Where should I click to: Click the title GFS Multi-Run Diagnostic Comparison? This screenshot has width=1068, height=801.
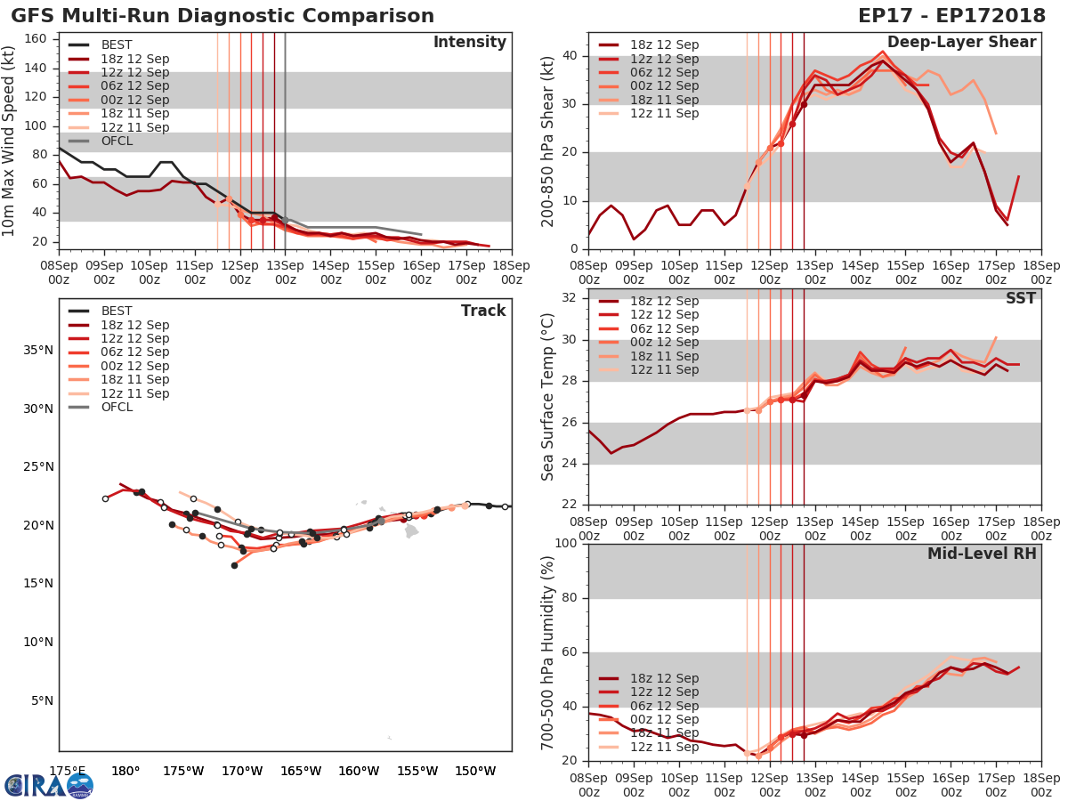(222, 16)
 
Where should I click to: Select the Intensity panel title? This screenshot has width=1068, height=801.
(469, 43)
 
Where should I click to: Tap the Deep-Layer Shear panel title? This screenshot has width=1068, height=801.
(961, 43)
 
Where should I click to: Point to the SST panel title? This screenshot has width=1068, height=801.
(1020, 298)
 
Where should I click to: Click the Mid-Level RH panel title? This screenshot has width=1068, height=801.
(982, 554)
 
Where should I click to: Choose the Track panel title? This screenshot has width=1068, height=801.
(483, 311)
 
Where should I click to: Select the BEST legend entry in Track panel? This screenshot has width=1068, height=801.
(116, 311)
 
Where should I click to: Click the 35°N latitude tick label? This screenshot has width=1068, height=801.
(37, 350)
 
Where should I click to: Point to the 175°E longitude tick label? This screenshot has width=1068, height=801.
(67, 771)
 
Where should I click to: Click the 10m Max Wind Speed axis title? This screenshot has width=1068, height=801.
(10, 142)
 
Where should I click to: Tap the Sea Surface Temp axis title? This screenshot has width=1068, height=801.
(548, 396)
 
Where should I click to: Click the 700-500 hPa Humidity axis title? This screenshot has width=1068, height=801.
(548, 652)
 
